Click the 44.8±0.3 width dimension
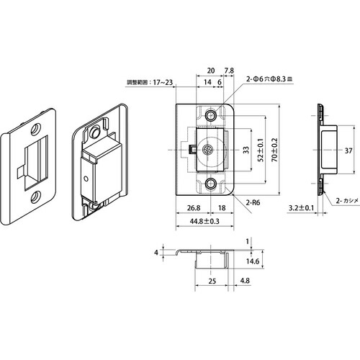coord(204,221)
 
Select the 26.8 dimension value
coord(194,208)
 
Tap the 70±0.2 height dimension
coord(274,150)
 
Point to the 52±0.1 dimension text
coord(261,150)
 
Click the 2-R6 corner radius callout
coord(253,203)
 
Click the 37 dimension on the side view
coord(348,150)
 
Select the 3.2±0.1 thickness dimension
coord(301,208)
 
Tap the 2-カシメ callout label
coord(347,201)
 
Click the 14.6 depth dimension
coord(253,261)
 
